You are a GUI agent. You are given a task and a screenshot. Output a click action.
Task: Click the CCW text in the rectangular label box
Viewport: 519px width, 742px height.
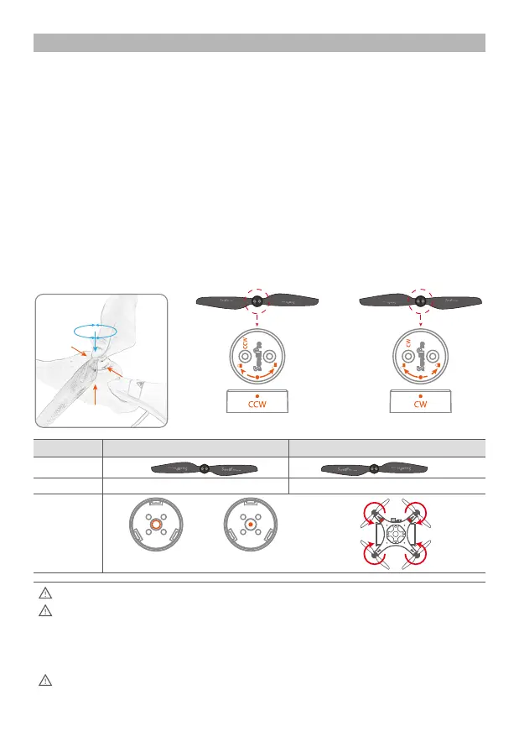(257, 404)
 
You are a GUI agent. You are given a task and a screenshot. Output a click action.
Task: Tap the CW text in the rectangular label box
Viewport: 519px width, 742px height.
(420, 404)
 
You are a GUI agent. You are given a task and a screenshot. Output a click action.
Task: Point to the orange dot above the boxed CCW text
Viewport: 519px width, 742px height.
(257, 394)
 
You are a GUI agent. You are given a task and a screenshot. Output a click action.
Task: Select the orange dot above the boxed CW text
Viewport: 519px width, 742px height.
(420, 394)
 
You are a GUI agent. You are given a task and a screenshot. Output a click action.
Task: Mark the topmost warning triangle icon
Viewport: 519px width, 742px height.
(45, 593)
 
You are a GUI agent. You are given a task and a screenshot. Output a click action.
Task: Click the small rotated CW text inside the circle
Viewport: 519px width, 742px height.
(408, 342)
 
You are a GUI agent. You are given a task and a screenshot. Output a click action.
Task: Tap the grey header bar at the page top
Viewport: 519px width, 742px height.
(259, 43)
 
